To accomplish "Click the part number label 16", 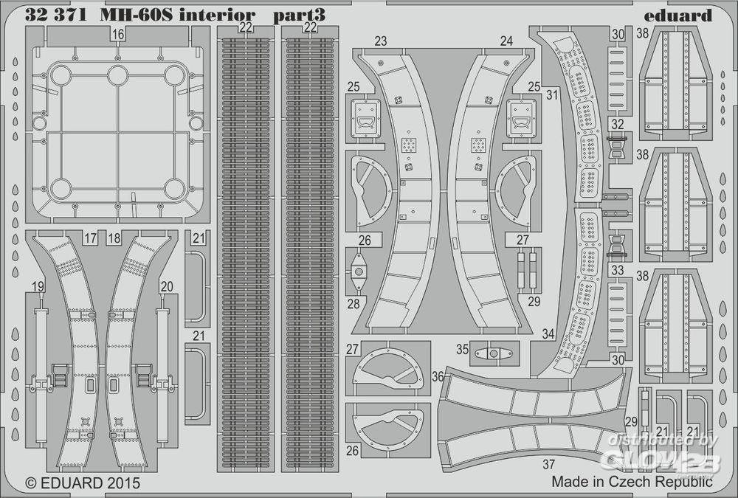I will (x=118, y=34).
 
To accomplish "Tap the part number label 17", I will (x=90, y=238).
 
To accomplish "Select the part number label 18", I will (x=114, y=238).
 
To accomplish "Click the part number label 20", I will (x=166, y=287).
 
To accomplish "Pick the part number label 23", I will (x=380, y=42).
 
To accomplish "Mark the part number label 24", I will (x=506, y=42).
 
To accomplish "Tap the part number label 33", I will (x=617, y=270).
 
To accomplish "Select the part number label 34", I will (x=547, y=333).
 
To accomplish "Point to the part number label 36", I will (x=438, y=376).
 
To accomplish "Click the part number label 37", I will (x=548, y=464).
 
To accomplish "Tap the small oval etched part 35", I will (x=489, y=353).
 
